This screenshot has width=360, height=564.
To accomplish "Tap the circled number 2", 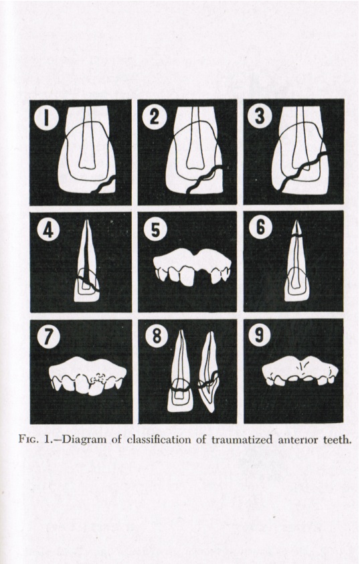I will point(155,118).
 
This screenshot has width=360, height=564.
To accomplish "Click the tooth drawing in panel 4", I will point(86,268).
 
